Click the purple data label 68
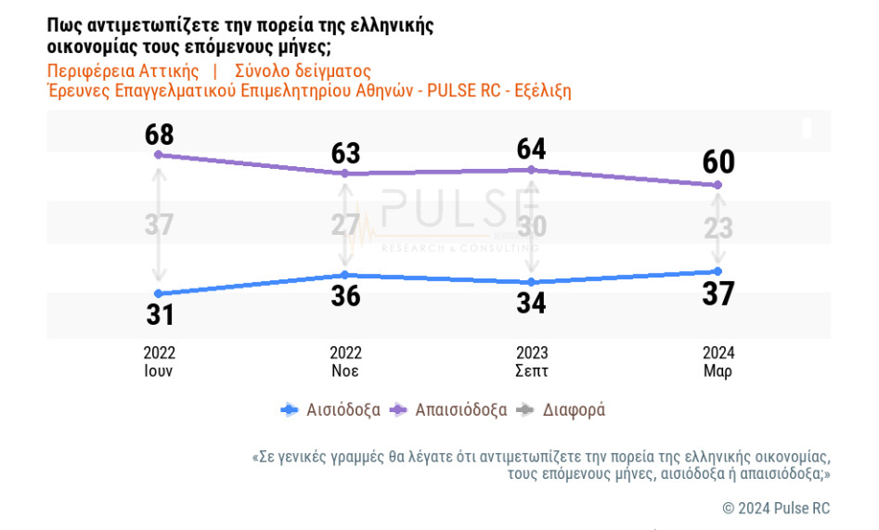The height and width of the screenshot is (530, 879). click(x=160, y=135)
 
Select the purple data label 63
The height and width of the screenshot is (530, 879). click(x=345, y=153)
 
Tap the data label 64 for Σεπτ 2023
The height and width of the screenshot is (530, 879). click(x=531, y=149)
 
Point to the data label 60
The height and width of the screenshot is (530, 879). click(x=717, y=162)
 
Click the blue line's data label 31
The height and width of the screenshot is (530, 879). click(x=160, y=315)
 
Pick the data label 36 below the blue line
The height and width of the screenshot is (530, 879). click(x=345, y=296)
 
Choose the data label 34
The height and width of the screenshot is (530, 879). click(x=531, y=303)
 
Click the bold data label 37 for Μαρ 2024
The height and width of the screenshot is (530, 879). click(x=717, y=293)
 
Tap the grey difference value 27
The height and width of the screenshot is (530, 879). click(x=345, y=226)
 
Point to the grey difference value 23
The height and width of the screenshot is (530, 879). click(x=717, y=227)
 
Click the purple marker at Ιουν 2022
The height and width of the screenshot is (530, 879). click(x=160, y=155)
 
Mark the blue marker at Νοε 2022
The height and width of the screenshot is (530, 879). click(x=345, y=275)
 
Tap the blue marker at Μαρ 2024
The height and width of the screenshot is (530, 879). click(x=717, y=271)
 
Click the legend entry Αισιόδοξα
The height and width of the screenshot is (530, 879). click(x=343, y=409)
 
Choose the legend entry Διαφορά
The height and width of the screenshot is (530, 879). click(x=573, y=409)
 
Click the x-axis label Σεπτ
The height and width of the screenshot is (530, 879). click(x=531, y=371)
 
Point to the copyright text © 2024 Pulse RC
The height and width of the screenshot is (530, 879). click(x=776, y=508)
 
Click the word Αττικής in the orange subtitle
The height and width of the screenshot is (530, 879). click(x=169, y=71)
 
